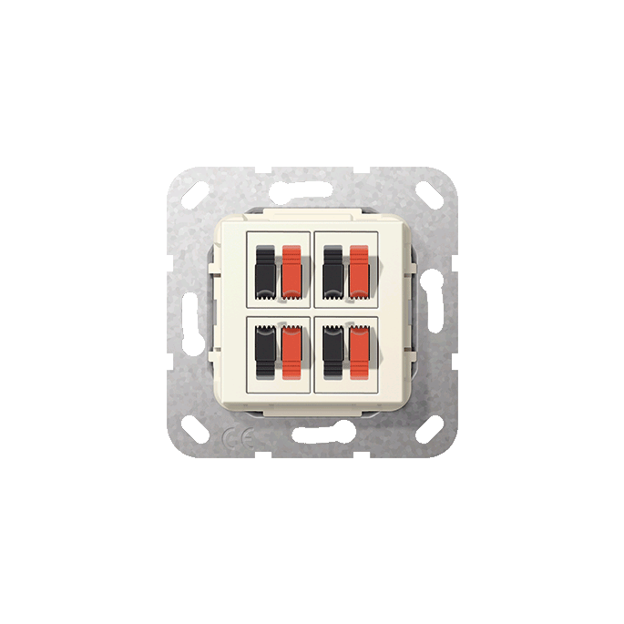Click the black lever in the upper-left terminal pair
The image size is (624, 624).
coord(264,271)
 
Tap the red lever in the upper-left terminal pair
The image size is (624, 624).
coord(291,271)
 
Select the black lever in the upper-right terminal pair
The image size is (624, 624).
coord(332,271)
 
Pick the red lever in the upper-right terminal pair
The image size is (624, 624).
coord(359,271)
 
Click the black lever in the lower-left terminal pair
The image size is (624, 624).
coord(264,352)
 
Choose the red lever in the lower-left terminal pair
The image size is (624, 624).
coord(291,352)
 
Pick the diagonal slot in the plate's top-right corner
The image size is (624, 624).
coord(427,194)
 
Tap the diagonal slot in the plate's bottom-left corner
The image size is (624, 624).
coord(197,427)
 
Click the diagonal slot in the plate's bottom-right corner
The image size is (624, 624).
coord(427,427)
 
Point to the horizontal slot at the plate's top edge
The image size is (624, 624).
coord(312,190)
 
